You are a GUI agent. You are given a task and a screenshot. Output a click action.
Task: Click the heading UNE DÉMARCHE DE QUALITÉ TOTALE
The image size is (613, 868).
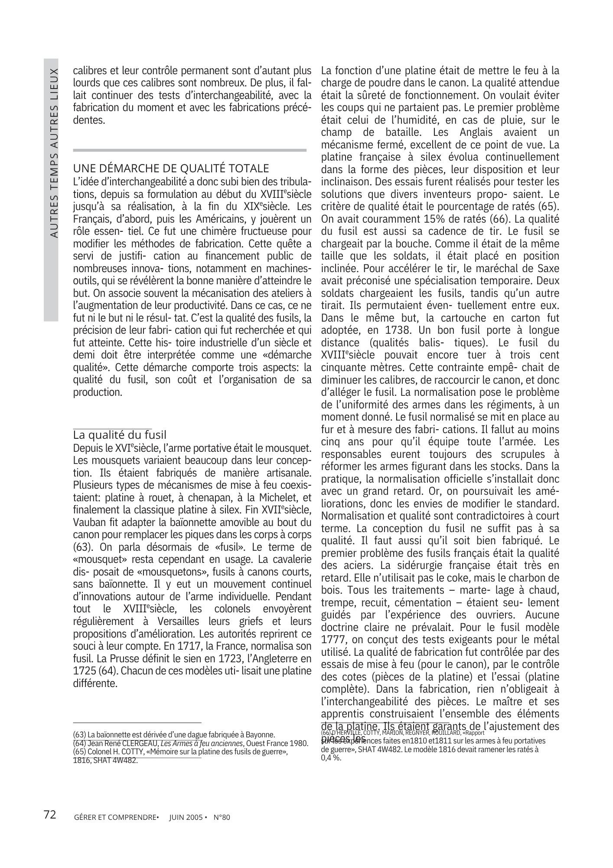coord(171,168)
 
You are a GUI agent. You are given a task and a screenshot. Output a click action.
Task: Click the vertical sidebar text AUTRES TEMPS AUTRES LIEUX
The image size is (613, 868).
coord(54,152)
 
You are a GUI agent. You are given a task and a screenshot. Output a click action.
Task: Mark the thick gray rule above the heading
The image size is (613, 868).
coord(190,150)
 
